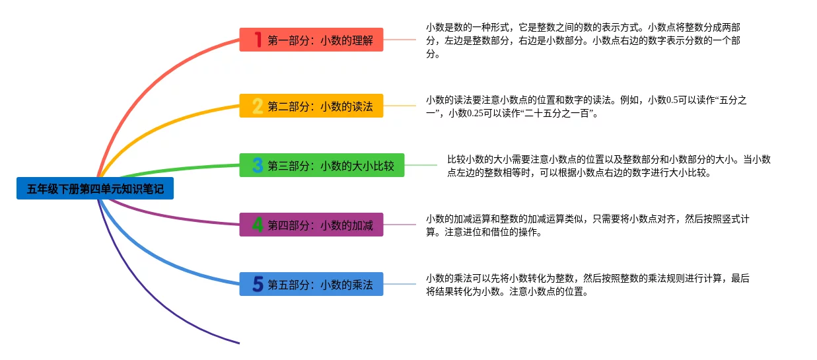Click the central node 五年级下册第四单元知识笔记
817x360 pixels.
tap(95, 189)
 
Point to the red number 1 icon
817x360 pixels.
tap(258, 40)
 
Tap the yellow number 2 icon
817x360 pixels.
tap(258, 106)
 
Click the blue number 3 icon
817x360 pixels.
tap(258, 165)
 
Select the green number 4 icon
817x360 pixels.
tap(258, 225)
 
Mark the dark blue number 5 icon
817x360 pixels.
tap(258, 284)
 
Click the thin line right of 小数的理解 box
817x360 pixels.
tap(400, 40)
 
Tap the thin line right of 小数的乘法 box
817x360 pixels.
tap(400, 284)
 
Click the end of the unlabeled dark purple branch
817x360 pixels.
tap(238, 343)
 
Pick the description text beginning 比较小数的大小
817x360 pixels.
tap(608, 166)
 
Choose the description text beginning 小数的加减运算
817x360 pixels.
tap(587, 225)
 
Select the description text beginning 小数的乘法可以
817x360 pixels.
tap(587, 285)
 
